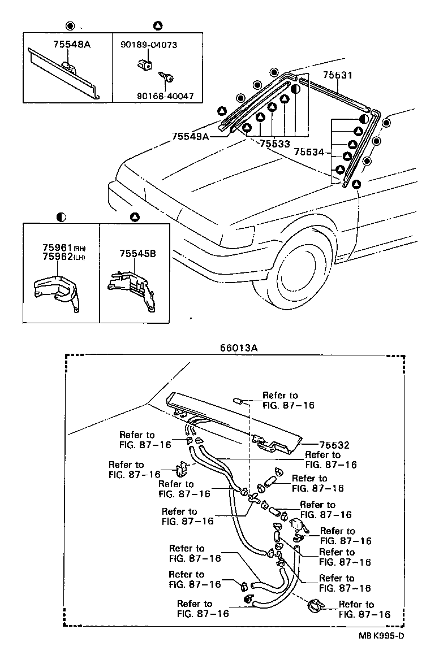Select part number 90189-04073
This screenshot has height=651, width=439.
(x=149, y=44)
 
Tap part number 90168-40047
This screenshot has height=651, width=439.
(x=165, y=96)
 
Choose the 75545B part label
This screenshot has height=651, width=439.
(x=134, y=254)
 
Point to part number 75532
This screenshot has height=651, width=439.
(x=334, y=445)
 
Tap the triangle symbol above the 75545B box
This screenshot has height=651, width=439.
(x=134, y=216)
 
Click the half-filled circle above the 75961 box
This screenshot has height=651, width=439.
(x=61, y=216)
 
